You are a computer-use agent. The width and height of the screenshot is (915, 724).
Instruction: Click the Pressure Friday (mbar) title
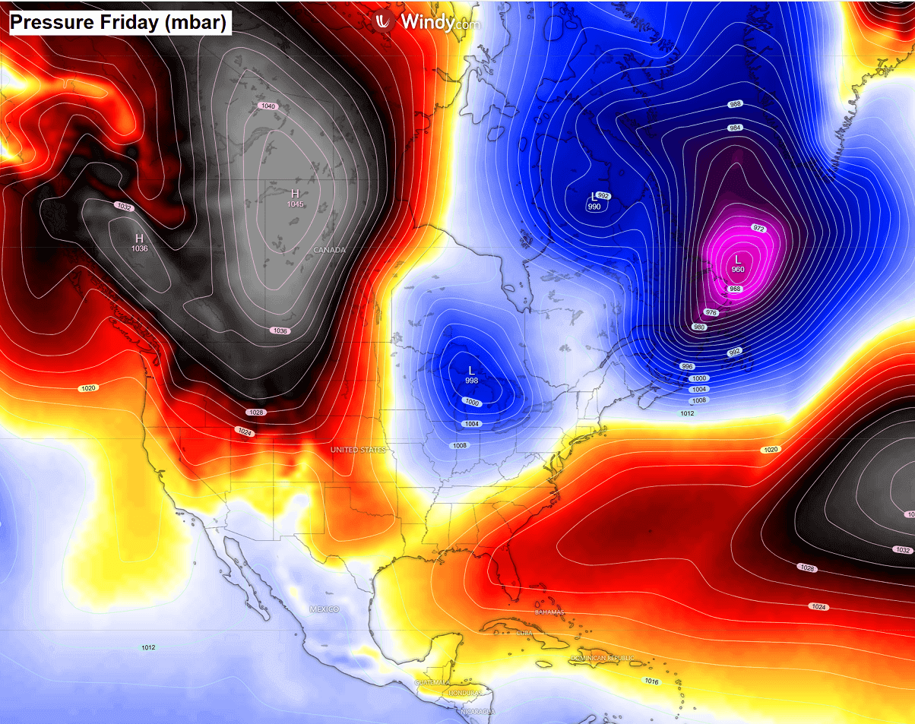[119, 23]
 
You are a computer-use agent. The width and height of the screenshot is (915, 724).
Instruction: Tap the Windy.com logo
[429, 21]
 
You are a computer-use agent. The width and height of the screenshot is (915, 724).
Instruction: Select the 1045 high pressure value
[295, 204]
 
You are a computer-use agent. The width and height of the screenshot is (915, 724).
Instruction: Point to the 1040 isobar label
[268, 106]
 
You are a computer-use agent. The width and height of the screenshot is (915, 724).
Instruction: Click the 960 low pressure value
[738, 270]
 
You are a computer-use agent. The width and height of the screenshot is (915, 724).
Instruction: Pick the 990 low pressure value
[594, 207]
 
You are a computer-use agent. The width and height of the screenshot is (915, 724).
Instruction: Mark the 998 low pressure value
[471, 380]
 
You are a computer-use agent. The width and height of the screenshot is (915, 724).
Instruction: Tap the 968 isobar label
[735, 289]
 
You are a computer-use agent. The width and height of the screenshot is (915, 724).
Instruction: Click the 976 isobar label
[712, 312]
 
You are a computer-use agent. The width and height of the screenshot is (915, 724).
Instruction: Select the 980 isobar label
[700, 327]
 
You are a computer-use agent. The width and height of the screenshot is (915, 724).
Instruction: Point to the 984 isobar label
[735, 128]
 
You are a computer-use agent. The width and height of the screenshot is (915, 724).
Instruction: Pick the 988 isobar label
[735, 104]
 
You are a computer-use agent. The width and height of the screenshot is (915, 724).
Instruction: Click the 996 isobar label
[688, 366]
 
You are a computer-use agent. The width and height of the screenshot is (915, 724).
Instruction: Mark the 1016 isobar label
[651, 681]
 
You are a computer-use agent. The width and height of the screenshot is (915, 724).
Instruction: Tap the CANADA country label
[329, 250]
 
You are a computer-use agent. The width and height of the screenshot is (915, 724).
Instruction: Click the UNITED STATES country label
[358, 451]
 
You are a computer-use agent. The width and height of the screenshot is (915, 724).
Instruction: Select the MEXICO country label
[324, 609]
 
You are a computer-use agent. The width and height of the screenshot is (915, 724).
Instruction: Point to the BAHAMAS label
[549, 612]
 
